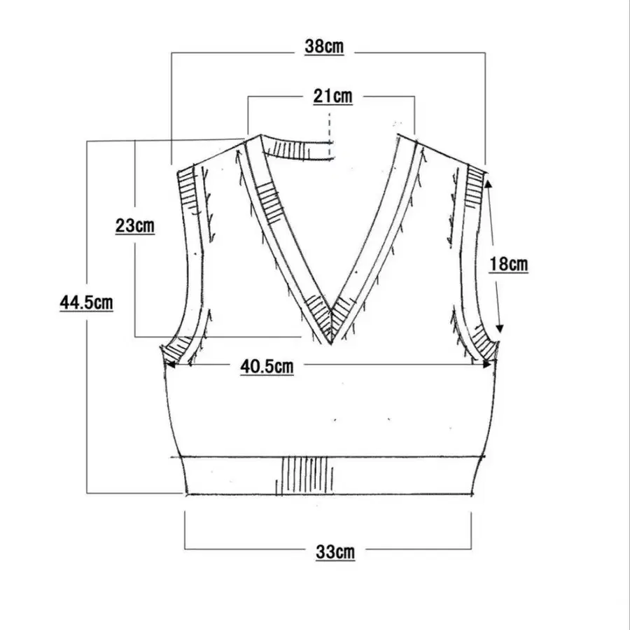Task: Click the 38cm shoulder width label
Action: [x=324, y=46]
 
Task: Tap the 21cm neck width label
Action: [x=333, y=97]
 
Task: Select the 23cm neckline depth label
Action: [x=135, y=225]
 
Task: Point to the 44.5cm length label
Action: [x=86, y=302]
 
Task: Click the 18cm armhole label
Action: [x=508, y=264]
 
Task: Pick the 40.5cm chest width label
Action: [x=267, y=366]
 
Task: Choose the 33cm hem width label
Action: [x=335, y=552]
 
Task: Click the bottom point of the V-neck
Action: [x=330, y=344]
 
